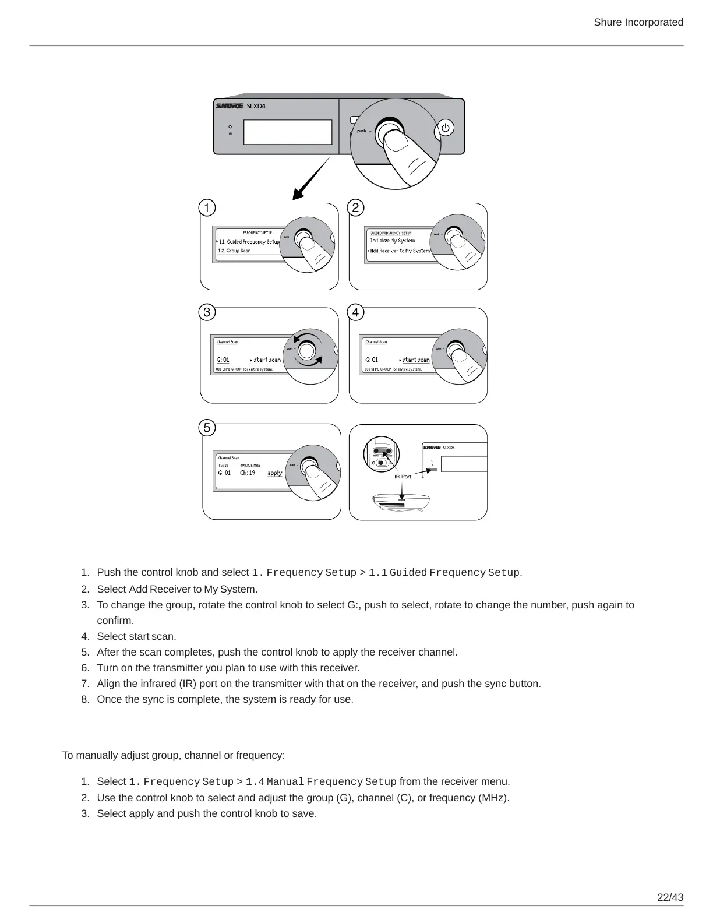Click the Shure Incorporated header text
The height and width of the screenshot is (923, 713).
[x=638, y=22]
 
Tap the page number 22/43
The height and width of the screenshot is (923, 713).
[x=670, y=897]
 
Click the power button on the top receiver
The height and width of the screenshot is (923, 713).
[x=446, y=128]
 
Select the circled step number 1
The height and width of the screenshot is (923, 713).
[x=207, y=208]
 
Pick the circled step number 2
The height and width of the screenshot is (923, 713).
[x=355, y=208]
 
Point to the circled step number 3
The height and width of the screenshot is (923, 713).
[x=207, y=312]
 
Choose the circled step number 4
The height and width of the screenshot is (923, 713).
[x=355, y=312]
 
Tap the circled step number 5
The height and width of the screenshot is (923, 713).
[x=207, y=428]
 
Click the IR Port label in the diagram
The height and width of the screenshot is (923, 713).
[x=403, y=477]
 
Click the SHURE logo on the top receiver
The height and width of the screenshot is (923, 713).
[x=230, y=106]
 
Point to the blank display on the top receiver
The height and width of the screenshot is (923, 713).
[x=288, y=132]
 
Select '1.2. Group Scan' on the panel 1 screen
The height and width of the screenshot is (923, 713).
[x=234, y=251]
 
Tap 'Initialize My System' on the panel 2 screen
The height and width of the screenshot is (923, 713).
[x=393, y=241]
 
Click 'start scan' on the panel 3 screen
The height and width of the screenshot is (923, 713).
[x=267, y=360]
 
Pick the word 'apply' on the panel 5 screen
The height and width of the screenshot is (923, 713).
[x=274, y=473]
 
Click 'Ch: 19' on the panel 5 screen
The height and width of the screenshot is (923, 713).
[x=248, y=473]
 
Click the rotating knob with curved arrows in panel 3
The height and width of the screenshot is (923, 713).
[x=307, y=350]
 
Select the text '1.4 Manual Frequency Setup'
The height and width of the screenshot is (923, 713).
[x=321, y=782]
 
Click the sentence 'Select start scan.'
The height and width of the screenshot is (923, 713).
[x=136, y=636]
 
